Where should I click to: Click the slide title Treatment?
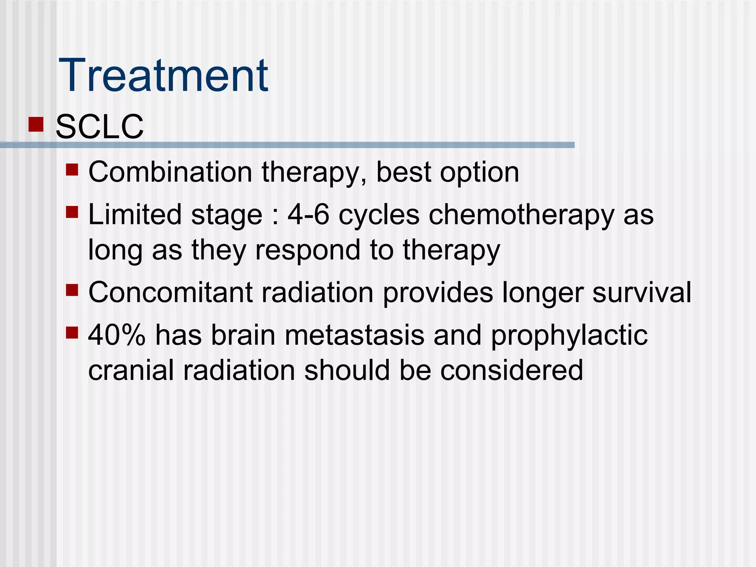pyautogui.click(x=164, y=76)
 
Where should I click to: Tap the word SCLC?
pyautogui.click(x=99, y=127)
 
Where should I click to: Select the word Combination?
pyautogui.click(x=170, y=172)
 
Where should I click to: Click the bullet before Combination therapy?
pyautogui.click(x=72, y=170)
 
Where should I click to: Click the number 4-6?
pyautogui.click(x=308, y=215)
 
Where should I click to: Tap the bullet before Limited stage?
pyautogui.click(x=72, y=212)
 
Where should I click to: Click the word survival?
pyautogui.click(x=642, y=292)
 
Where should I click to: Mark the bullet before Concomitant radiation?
pyautogui.click(x=72, y=290)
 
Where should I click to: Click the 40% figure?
pyautogui.click(x=117, y=335)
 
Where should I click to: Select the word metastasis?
pyautogui.click(x=354, y=335)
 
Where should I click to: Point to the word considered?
pyautogui.click(x=511, y=370)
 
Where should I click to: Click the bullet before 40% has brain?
pyautogui.click(x=72, y=333)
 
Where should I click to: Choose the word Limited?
pyautogui.click(x=135, y=215)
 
